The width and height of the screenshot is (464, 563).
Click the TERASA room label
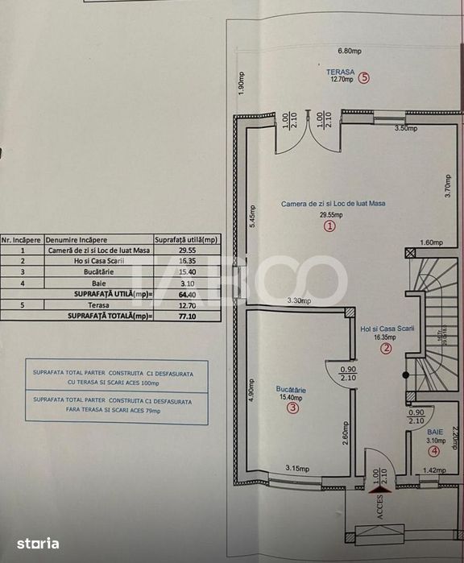[x=339, y=71]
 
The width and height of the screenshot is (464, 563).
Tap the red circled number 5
[x=365, y=79]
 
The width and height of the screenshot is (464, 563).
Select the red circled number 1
[x=329, y=227]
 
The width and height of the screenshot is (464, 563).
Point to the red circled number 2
[x=386, y=348]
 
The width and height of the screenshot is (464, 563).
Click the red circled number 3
[x=292, y=408]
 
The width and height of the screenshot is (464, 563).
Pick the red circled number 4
[x=435, y=450]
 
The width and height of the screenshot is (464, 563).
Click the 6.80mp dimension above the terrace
[x=349, y=51]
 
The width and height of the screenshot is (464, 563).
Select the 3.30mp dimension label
[x=300, y=300]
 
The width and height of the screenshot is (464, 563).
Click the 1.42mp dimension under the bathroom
[x=433, y=470]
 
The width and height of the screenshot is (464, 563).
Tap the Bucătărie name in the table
[x=99, y=273]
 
